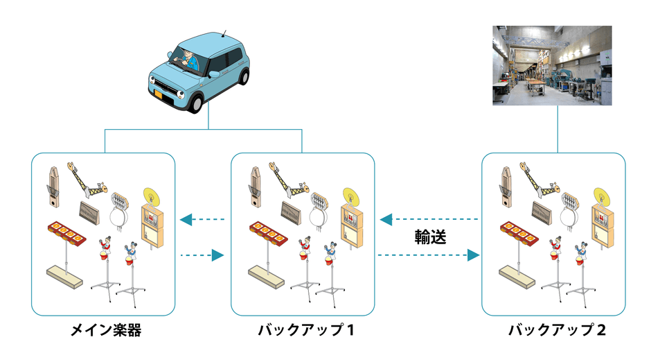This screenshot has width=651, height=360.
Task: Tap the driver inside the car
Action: [187, 61]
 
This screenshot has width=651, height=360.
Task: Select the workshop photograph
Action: [552, 65]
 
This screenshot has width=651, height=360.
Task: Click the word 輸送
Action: [430, 237]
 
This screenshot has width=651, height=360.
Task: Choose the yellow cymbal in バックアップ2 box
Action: [600, 194]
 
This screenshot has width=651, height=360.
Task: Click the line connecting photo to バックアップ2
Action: [557, 129]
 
